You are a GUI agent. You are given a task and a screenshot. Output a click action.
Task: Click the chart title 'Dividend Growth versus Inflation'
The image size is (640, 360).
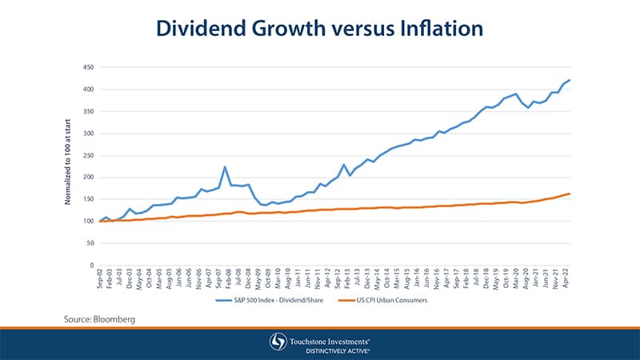tap(319, 29)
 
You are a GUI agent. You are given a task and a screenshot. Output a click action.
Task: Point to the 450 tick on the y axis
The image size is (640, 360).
tap(89, 67)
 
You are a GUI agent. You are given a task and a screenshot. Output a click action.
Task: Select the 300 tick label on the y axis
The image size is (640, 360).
tap(89, 134)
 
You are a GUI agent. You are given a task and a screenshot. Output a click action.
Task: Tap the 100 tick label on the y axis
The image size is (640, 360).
tap(89, 221)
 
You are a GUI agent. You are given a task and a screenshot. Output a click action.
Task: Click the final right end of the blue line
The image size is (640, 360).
tap(570, 80)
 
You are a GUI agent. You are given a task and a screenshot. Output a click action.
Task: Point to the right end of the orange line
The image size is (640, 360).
tap(570, 194)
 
